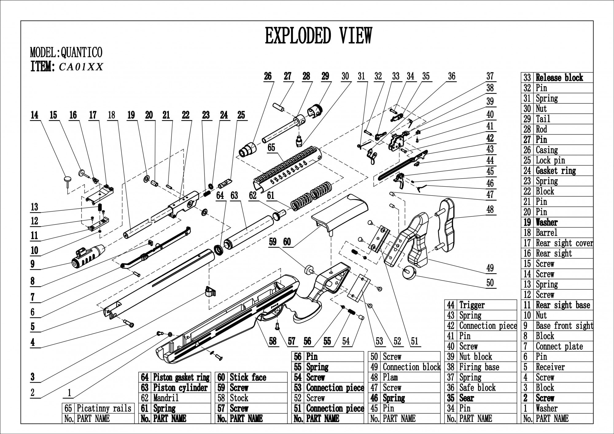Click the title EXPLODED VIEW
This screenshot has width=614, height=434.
(x=318, y=36)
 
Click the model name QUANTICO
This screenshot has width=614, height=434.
(x=81, y=52)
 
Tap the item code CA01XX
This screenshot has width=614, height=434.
(x=81, y=67)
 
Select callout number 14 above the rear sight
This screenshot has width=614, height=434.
(x=34, y=115)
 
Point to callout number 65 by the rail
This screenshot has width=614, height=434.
(x=271, y=148)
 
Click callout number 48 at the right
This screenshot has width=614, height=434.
(x=490, y=210)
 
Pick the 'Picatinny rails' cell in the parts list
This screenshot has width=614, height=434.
(x=104, y=408)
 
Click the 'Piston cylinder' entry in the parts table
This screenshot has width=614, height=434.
(x=180, y=388)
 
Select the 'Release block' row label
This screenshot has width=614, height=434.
(x=559, y=78)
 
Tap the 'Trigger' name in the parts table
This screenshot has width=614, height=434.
(x=472, y=305)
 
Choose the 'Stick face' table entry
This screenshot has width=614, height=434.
(x=248, y=377)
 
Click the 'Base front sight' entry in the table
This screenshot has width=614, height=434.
(x=564, y=325)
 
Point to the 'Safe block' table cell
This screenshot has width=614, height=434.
(x=477, y=388)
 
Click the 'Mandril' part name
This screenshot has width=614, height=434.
(x=166, y=398)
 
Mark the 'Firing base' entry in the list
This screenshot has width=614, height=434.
(x=479, y=367)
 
